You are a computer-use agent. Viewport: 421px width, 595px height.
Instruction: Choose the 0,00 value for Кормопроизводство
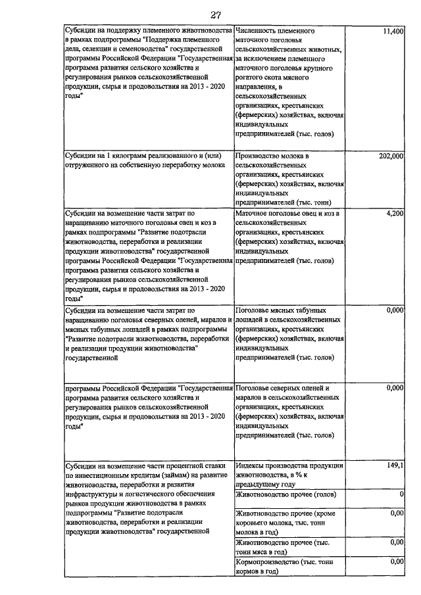tap(396, 561)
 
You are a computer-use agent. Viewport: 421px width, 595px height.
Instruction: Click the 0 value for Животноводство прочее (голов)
tap(401, 494)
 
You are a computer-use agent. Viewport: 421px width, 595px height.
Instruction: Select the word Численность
tap(257, 32)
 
